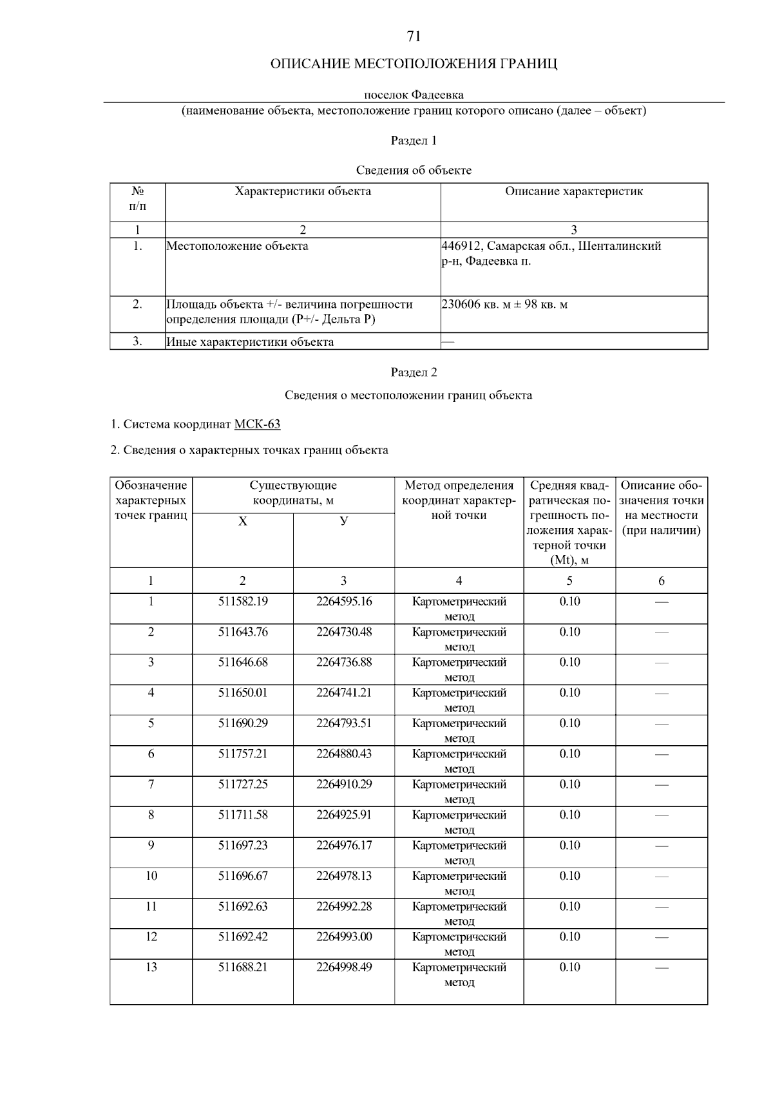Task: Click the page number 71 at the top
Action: pyautogui.click(x=414, y=37)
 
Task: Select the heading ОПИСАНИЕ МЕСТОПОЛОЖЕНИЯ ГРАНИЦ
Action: pyautogui.click(x=414, y=64)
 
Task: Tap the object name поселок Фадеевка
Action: pyautogui.click(x=414, y=95)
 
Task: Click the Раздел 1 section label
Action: pyautogui.click(x=414, y=140)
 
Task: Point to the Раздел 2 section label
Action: pyautogui.click(x=414, y=372)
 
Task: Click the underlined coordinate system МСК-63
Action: pyautogui.click(x=257, y=424)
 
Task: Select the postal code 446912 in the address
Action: pyautogui.click(x=461, y=246)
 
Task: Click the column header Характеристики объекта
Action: pyautogui.click(x=303, y=191)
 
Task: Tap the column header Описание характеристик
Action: pyautogui.click(x=574, y=191)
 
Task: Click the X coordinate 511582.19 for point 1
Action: pyautogui.click(x=243, y=602)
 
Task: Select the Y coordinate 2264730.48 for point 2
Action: pyautogui.click(x=344, y=632)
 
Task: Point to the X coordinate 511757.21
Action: pyautogui.click(x=243, y=754)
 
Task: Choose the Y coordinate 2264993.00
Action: pyautogui.click(x=344, y=936)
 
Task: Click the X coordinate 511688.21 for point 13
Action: pyautogui.click(x=243, y=967)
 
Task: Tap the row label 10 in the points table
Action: pyautogui.click(x=151, y=876)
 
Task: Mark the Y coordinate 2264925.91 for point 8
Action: pyautogui.click(x=344, y=815)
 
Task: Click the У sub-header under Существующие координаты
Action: pyautogui.click(x=344, y=521)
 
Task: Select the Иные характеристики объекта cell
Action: pyautogui.click(x=250, y=342)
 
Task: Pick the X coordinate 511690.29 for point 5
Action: pyautogui.click(x=243, y=723)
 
